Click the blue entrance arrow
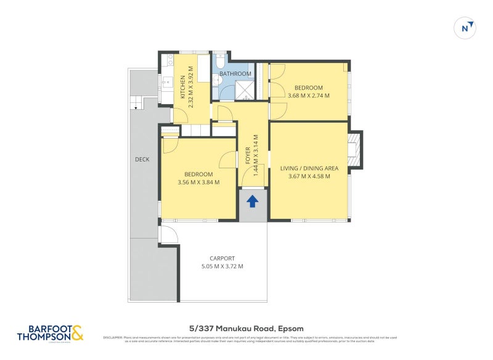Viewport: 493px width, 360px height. tap(253, 202)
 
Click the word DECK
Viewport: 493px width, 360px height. tap(142, 160)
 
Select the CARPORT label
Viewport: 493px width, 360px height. tap(222, 258)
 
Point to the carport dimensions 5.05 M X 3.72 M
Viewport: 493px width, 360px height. tap(222, 266)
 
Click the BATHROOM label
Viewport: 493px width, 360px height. tap(235, 74)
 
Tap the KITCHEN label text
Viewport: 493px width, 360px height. tap(183, 87)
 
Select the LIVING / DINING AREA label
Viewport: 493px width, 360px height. tap(309, 168)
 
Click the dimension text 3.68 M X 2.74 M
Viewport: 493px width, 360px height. tap(309, 95)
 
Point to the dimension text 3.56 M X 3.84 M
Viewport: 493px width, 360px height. tap(198, 182)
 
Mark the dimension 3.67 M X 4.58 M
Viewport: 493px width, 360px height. tap(309, 176)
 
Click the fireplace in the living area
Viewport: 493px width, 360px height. tap(354, 150)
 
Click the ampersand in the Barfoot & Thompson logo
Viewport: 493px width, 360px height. tap(76, 333)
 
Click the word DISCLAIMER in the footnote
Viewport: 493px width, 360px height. tap(112, 337)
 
